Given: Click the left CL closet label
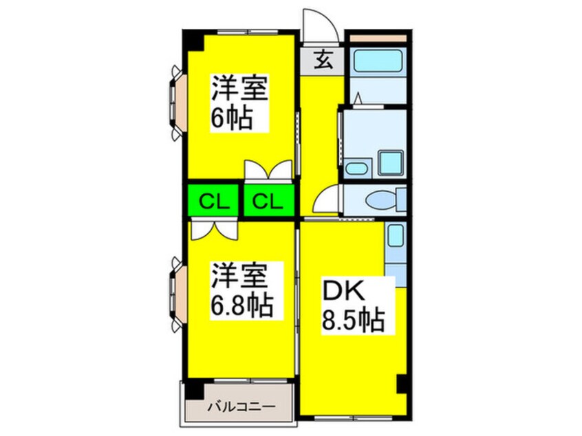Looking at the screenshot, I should [211, 201].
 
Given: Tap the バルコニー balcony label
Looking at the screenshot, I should [241, 406].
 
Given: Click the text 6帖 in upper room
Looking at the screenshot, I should [230, 119].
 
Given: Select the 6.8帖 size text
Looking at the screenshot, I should [241, 302].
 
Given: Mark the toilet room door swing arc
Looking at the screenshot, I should [325, 201].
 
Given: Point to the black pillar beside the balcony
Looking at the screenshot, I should [195, 389].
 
